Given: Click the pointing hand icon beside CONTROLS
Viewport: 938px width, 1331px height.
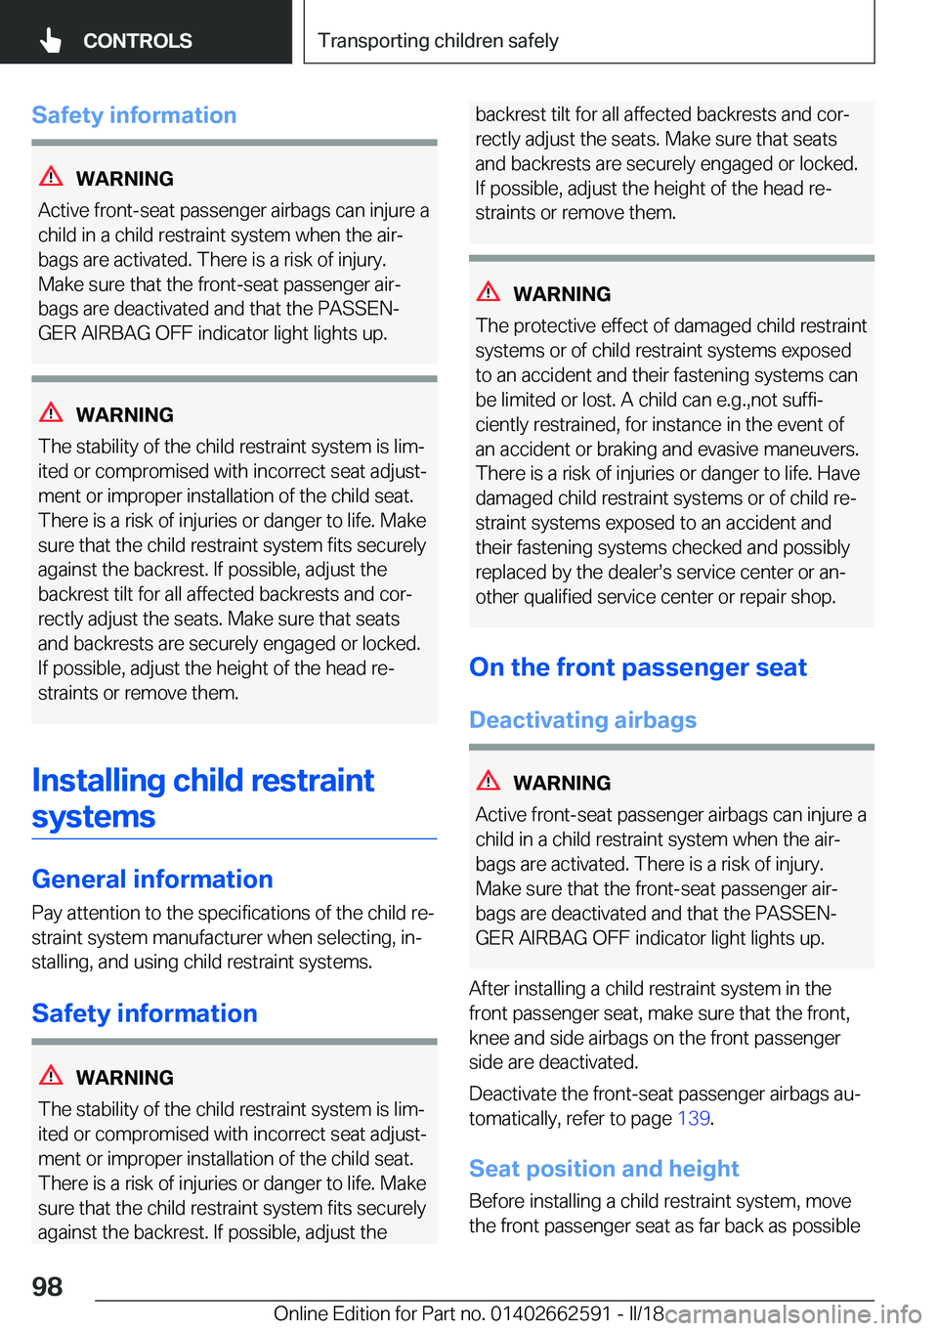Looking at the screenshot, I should coord(51,40).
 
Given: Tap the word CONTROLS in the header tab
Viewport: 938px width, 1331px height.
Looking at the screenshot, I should coord(137,41).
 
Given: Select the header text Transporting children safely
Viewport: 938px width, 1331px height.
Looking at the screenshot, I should coord(438,41).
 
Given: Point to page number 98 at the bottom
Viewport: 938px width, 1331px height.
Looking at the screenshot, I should coord(47,1286).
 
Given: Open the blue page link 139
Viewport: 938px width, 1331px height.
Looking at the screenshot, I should coord(693,1118).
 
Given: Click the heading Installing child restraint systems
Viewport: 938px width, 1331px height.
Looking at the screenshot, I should coord(203,797).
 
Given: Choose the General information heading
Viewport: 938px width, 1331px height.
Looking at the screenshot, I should coord(152,879).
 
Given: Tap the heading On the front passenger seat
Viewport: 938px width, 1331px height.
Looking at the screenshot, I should coord(638,667).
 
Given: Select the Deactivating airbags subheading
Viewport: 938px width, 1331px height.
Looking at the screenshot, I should coord(582,720).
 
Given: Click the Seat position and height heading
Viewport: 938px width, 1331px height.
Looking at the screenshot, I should coord(604,1169).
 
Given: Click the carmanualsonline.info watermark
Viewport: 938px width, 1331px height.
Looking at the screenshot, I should coord(793,1313).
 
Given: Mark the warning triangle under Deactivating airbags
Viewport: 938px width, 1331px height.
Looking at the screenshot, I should coord(489,781).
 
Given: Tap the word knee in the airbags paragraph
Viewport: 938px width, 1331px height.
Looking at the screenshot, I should coord(489,1038).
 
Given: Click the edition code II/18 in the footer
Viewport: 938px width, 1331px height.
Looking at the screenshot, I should coord(645,1313).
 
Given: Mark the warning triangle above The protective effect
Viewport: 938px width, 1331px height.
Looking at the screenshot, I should coord(489,292).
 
